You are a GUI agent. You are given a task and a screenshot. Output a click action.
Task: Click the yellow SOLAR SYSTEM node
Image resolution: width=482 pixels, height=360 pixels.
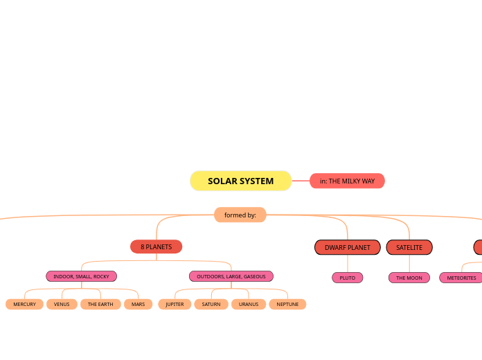click(240, 181)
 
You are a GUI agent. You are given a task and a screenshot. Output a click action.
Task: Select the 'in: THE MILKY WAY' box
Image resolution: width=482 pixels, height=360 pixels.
click(347, 181)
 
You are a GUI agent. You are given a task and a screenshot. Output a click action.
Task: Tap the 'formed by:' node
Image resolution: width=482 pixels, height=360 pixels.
click(240, 215)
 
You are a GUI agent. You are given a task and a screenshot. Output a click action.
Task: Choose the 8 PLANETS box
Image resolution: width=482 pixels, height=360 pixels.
click(156, 246)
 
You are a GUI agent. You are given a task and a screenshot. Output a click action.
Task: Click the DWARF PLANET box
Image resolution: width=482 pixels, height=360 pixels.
click(347, 247)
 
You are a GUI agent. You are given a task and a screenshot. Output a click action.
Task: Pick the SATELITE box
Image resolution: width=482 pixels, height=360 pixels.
click(409, 247)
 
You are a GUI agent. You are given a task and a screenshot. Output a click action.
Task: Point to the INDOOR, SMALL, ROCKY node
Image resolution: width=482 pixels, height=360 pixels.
click(81, 276)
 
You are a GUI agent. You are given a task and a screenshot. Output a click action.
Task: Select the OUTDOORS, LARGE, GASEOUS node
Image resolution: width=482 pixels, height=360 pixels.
click(231, 276)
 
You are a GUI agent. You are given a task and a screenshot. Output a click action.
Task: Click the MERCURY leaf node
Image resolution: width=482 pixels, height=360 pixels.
click(24, 304)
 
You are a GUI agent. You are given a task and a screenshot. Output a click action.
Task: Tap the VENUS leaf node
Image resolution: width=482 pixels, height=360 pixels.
click(62, 304)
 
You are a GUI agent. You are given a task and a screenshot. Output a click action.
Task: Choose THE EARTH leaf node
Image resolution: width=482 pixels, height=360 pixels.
click(100, 304)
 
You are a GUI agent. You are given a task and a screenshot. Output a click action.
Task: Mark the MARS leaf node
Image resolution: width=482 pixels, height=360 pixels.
click(138, 304)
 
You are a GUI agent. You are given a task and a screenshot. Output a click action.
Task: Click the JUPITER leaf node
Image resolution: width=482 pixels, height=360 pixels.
click(175, 304)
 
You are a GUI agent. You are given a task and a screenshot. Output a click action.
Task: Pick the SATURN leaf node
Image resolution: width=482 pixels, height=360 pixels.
click(211, 304)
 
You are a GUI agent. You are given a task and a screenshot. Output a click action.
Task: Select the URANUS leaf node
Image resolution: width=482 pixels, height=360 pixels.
click(249, 304)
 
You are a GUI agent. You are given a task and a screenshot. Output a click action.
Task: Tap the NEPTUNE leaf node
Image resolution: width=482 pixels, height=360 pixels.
click(287, 304)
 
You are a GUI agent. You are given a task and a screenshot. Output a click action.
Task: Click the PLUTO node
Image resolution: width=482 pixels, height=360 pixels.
click(347, 278)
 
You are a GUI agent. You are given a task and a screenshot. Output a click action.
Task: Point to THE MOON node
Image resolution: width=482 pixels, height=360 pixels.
click(409, 278)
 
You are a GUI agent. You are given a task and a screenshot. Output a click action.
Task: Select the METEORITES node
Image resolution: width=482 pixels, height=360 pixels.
click(461, 278)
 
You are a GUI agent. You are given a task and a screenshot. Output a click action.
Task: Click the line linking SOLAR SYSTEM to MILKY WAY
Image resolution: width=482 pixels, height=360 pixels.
click(301, 181)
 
